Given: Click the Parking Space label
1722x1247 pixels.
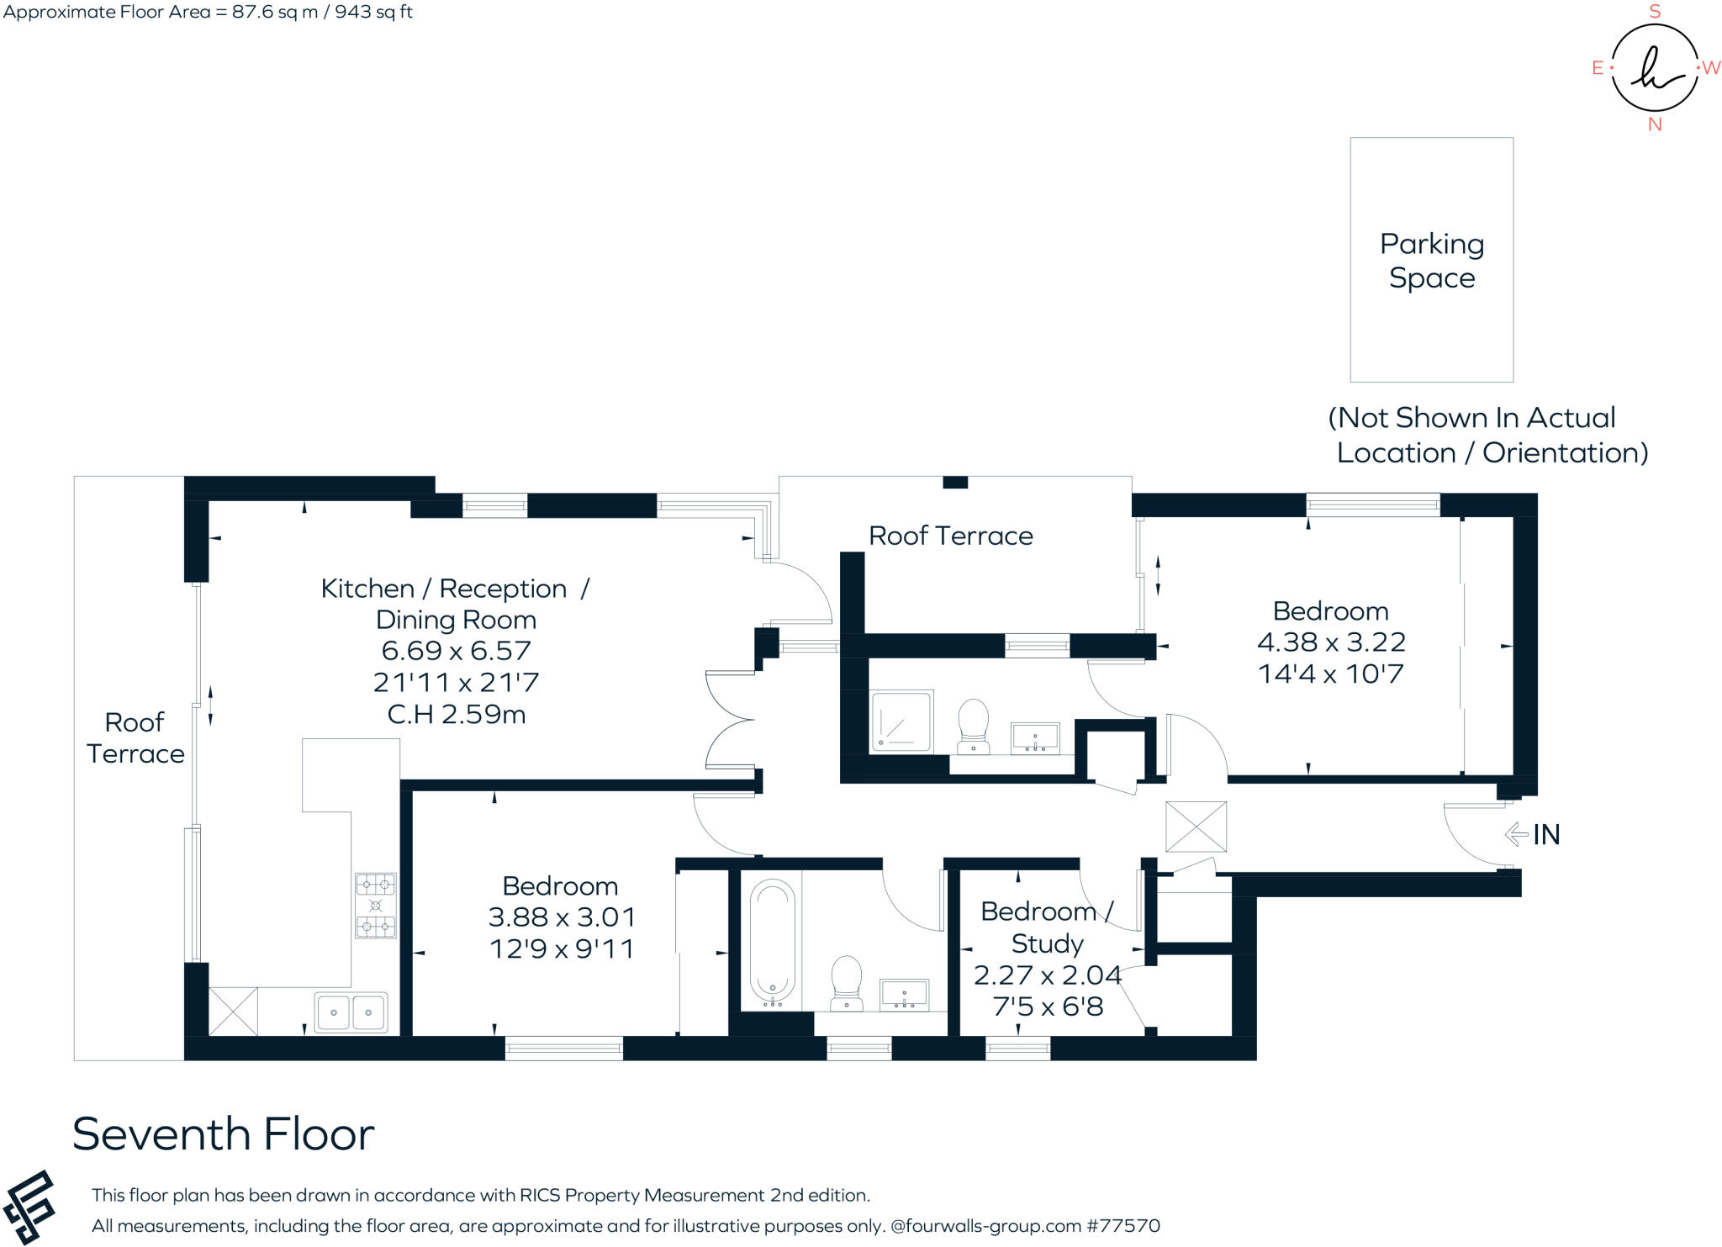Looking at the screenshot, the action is [x=1431, y=261].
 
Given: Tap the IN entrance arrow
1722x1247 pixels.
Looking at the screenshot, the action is [x=1516, y=834].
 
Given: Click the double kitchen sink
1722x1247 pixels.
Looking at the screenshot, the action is [x=351, y=1012].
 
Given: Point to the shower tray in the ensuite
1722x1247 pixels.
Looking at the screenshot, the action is [x=901, y=721].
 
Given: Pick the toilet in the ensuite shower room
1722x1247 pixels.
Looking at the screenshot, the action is [x=974, y=726].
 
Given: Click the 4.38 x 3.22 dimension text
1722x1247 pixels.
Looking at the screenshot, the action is [x=1331, y=642].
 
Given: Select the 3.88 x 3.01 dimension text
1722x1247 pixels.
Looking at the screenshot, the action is [x=562, y=917].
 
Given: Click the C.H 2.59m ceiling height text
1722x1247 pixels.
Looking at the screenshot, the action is [x=457, y=714].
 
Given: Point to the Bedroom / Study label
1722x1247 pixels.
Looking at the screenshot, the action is [x=1047, y=927].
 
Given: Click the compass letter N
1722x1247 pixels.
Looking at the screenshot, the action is [x=1655, y=124].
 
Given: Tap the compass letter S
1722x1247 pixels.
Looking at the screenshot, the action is [x=1655, y=12].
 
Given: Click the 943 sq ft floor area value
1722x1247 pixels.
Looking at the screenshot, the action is [x=374, y=12].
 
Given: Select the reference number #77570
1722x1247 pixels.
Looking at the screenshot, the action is [x=1123, y=1226].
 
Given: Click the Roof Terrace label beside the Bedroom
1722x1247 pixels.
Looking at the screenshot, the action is [x=950, y=536].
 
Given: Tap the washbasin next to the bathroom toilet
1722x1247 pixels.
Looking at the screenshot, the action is [x=904, y=995].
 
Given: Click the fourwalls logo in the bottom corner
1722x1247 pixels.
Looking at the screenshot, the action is [x=29, y=1207].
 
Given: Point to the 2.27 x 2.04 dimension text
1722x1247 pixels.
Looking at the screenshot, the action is [x=1047, y=975].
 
